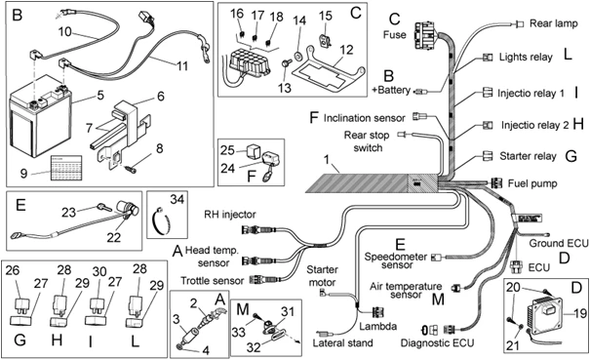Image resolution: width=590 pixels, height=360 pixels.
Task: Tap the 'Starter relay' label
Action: click(528, 156)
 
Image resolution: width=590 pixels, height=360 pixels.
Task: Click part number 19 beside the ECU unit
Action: click(576, 314)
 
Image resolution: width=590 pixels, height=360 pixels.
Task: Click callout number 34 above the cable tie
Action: click(176, 201)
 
